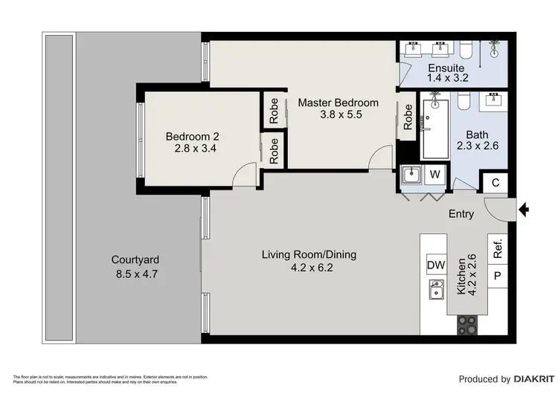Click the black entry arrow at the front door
click(523, 211)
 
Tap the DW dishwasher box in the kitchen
click(436, 265)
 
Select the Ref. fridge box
click(498, 249)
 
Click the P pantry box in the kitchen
click(498, 277)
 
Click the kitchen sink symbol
click(437, 290)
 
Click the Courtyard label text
click(135, 260)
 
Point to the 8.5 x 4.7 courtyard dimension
click(135, 274)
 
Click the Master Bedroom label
click(339, 103)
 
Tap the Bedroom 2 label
click(192, 136)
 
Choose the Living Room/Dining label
click(309, 254)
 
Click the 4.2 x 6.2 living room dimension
click(309, 268)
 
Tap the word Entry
click(461, 214)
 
